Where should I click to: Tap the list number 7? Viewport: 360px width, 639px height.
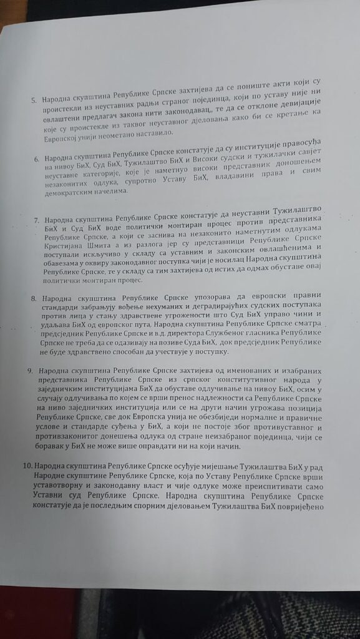coord(36,220)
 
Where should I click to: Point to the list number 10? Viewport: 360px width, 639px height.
coord(27,467)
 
